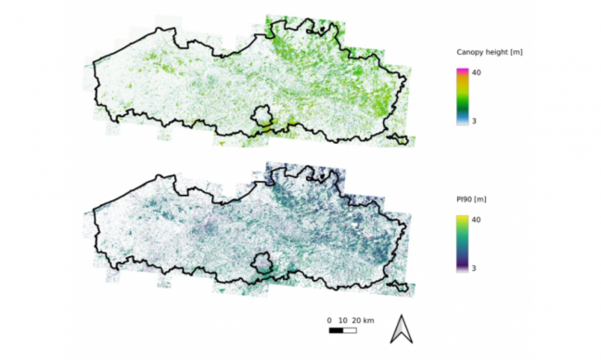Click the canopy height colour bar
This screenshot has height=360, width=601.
click(461, 96)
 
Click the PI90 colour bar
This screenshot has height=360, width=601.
click(461, 243)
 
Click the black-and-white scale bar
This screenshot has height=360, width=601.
click(343, 329)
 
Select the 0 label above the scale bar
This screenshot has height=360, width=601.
click(330, 320)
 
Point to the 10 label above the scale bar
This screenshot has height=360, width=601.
click(343, 320)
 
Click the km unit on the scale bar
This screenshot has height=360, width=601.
click(368, 320)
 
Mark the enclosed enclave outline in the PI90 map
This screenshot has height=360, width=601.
click(264, 264)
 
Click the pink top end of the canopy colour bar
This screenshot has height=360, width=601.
click(461, 71)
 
